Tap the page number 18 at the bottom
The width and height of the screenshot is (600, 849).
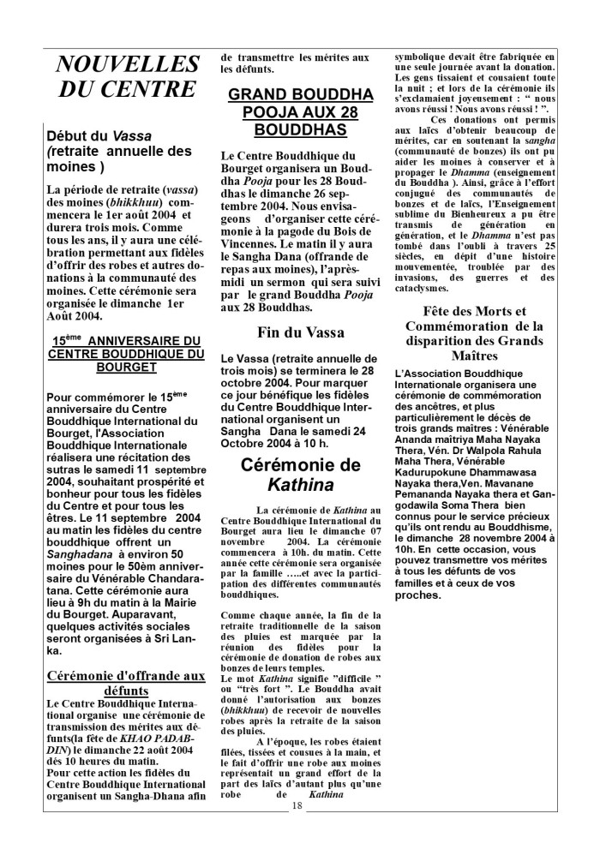[x=297, y=828]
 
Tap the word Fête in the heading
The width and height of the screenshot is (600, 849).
[x=442, y=311]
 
